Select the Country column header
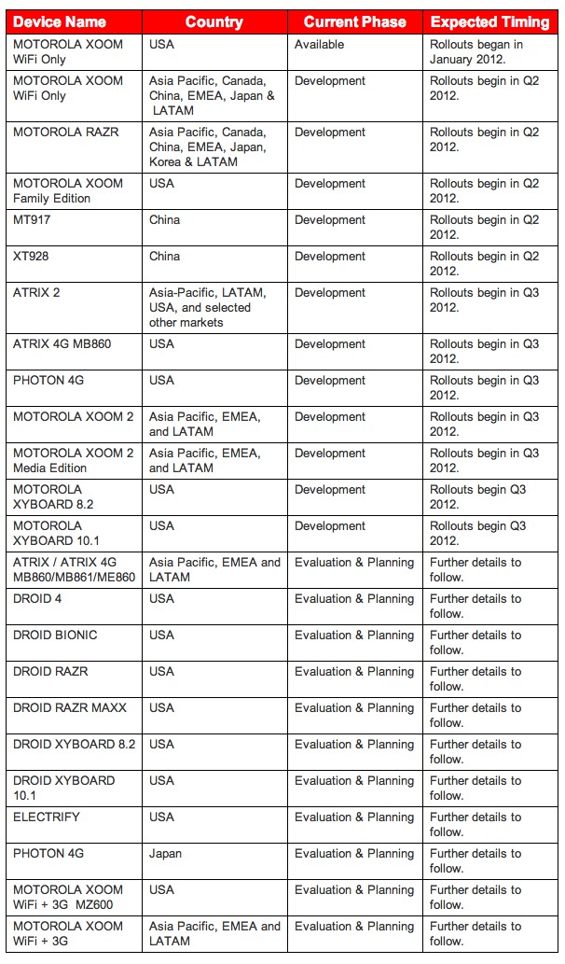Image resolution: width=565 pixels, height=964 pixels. click(x=214, y=21)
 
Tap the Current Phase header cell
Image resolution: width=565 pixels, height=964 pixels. click(x=355, y=21)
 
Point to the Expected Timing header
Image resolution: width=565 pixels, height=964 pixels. click(x=490, y=21)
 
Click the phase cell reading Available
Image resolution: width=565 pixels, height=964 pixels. click(x=319, y=45)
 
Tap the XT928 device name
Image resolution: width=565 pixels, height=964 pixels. click(x=32, y=257)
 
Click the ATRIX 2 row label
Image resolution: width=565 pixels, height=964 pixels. click(x=36, y=293)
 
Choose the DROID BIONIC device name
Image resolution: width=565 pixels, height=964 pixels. click(x=55, y=636)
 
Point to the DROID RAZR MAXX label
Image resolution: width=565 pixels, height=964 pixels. click(x=70, y=708)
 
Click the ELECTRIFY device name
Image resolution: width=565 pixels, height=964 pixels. click(x=47, y=817)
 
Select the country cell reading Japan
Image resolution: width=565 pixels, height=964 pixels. click(x=166, y=854)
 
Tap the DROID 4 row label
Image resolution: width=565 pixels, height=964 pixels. click(x=37, y=599)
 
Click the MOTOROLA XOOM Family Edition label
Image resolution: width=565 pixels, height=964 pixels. click(x=68, y=190)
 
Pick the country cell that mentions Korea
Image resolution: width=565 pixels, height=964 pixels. click(x=207, y=147)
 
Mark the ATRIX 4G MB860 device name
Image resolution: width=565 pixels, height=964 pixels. click(x=62, y=344)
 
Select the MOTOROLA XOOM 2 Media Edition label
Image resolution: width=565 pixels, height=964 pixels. click(x=73, y=460)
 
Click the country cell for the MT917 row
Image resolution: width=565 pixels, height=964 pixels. click(x=165, y=220)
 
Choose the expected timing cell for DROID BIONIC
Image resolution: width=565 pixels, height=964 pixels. click(x=475, y=642)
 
